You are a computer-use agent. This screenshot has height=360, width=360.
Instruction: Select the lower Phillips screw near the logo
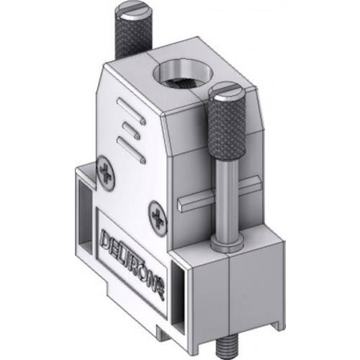(158, 214)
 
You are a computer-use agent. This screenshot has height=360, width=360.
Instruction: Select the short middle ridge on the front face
(130, 132)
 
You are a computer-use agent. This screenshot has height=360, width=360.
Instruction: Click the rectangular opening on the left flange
(84, 209)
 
